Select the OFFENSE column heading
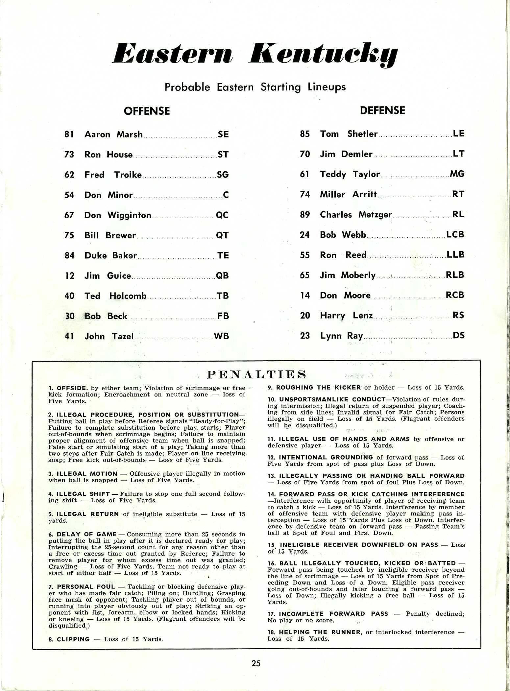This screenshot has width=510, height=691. (147, 111)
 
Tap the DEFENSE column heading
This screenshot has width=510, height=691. (382, 110)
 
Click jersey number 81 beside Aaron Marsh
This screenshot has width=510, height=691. (69, 134)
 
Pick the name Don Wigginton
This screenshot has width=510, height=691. (118, 215)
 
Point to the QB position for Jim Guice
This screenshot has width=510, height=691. (222, 276)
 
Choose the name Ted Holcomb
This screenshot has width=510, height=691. (115, 296)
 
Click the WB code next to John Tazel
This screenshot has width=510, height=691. (221, 336)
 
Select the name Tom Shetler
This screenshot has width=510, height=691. (349, 134)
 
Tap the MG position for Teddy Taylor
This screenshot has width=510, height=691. (457, 174)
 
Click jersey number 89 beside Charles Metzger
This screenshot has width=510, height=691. (305, 215)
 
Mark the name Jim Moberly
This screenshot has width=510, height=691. (348, 275)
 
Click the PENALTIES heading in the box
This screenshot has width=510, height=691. (256, 374)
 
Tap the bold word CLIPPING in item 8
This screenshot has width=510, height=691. (73, 639)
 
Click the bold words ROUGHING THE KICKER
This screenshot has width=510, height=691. (318, 388)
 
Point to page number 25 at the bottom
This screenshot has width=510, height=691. (256, 663)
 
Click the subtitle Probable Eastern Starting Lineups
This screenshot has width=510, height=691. (255, 87)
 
